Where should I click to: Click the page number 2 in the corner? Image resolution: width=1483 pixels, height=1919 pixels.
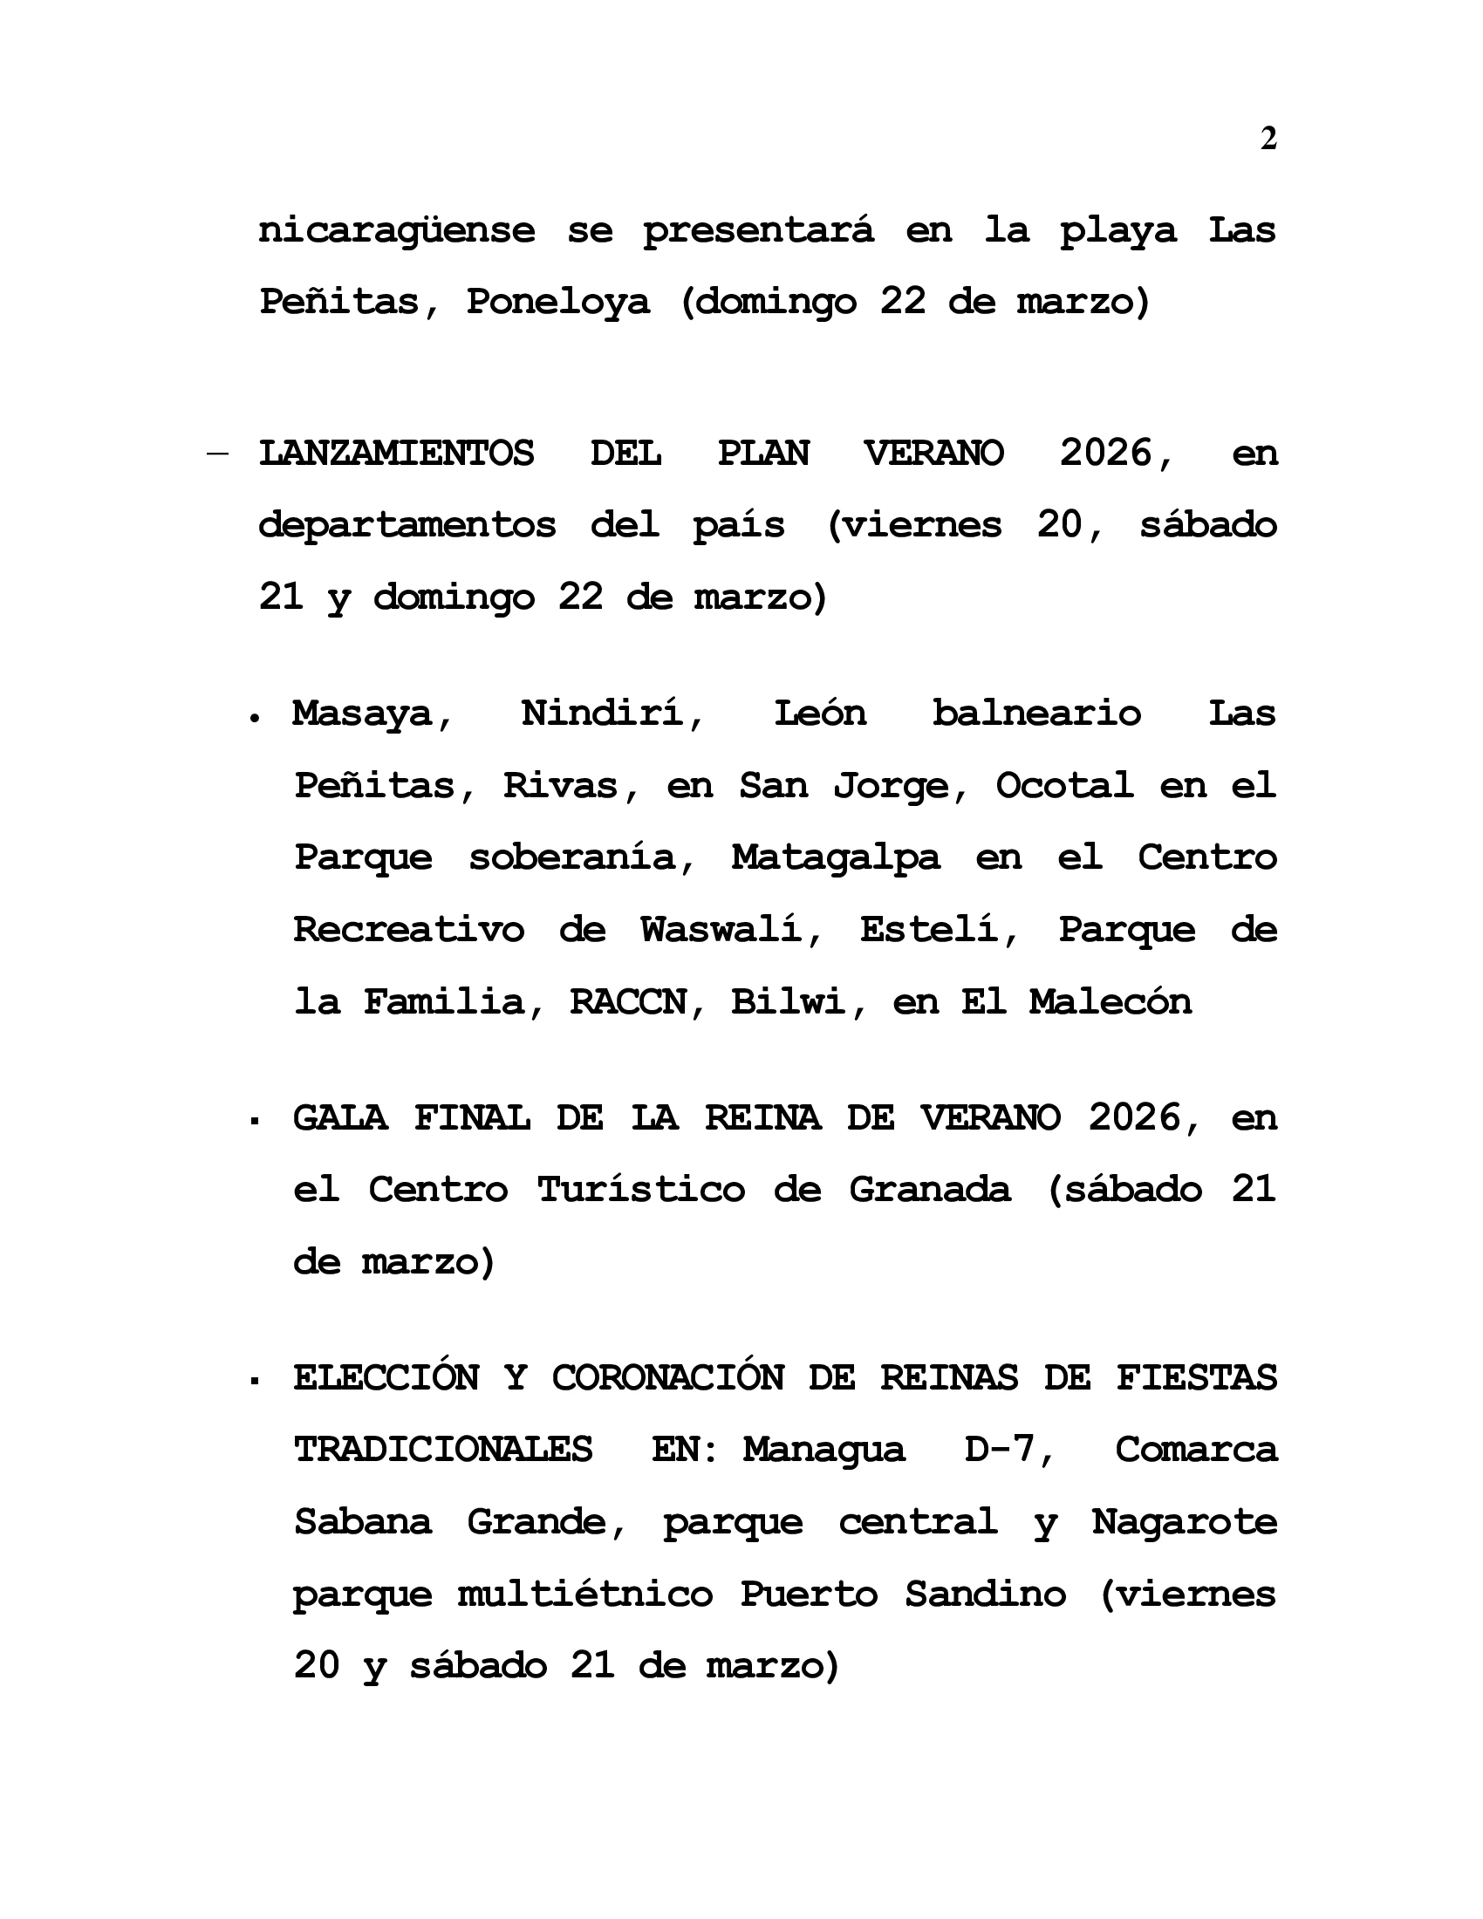[1268, 139]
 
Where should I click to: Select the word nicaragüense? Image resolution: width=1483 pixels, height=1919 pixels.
[396, 231]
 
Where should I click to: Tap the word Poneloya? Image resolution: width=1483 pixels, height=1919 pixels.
[558, 303]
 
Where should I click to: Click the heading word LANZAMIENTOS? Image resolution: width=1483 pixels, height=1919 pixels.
[396, 454]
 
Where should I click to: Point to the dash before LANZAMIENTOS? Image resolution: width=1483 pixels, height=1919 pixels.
[218, 454]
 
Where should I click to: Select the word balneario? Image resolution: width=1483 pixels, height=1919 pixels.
[1035, 713]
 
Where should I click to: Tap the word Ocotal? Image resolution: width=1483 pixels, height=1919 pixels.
[1064, 785]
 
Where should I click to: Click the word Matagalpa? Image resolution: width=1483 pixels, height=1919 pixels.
[836, 857]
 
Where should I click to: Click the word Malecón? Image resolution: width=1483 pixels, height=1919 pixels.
[1111, 1001]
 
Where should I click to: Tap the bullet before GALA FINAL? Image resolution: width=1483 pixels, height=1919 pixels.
[254, 1122]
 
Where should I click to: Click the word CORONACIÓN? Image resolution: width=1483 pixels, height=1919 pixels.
[667, 1377]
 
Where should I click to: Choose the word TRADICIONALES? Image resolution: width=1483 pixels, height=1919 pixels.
[443, 1450]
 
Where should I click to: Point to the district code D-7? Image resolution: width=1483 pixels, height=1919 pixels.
[1008, 1450]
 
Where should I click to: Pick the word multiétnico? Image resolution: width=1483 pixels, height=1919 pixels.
[585, 1594]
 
